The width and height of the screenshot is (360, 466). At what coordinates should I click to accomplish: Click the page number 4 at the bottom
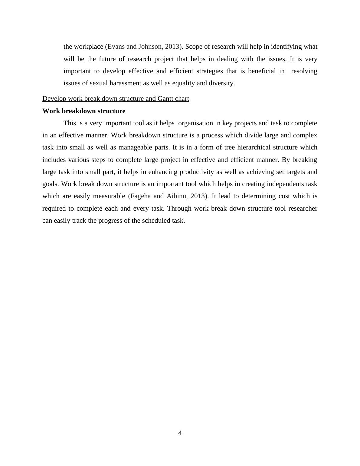coord(180,433)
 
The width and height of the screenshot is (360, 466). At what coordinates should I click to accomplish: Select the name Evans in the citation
coord(116,47)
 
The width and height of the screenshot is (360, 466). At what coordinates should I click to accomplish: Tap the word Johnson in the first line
coord(150,47)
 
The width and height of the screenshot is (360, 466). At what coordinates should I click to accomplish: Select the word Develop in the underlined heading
coord(54,99)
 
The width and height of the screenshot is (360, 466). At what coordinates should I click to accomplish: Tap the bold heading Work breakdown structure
coord(84,111)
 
